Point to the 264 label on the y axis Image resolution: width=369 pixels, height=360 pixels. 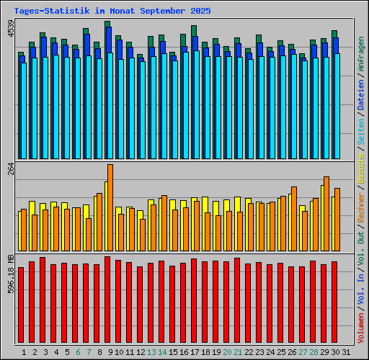coord(10,170)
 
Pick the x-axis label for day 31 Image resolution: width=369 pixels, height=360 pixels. coord(346,352)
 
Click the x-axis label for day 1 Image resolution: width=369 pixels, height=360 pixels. coord(25,352)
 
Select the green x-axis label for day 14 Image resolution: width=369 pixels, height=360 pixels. coord(162,352)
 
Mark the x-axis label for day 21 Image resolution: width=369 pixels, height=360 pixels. coord(238,352)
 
